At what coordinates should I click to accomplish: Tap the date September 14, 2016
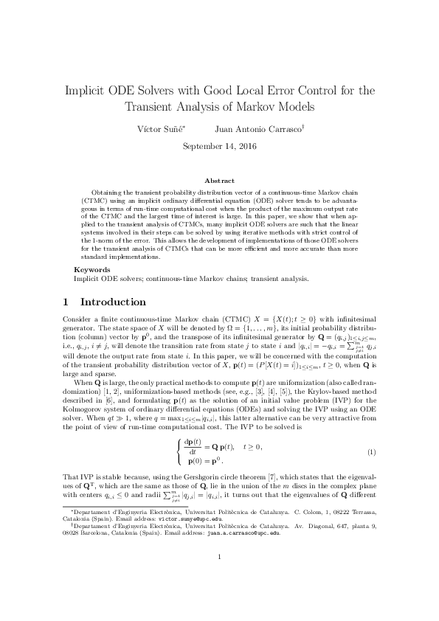click(x=219, y=147)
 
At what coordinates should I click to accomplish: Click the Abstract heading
click(x=219, y=179)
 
